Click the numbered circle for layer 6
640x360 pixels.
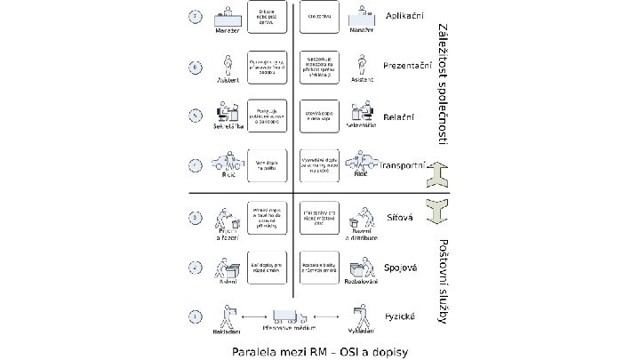tap(196, 67)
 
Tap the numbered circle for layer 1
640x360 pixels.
tap(196, 316)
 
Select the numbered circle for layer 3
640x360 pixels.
tap(196, 217)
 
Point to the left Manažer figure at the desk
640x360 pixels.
tap(230, 17)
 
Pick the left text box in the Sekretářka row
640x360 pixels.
tap(268, 116)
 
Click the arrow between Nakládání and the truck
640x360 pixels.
tap(255, 316)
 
